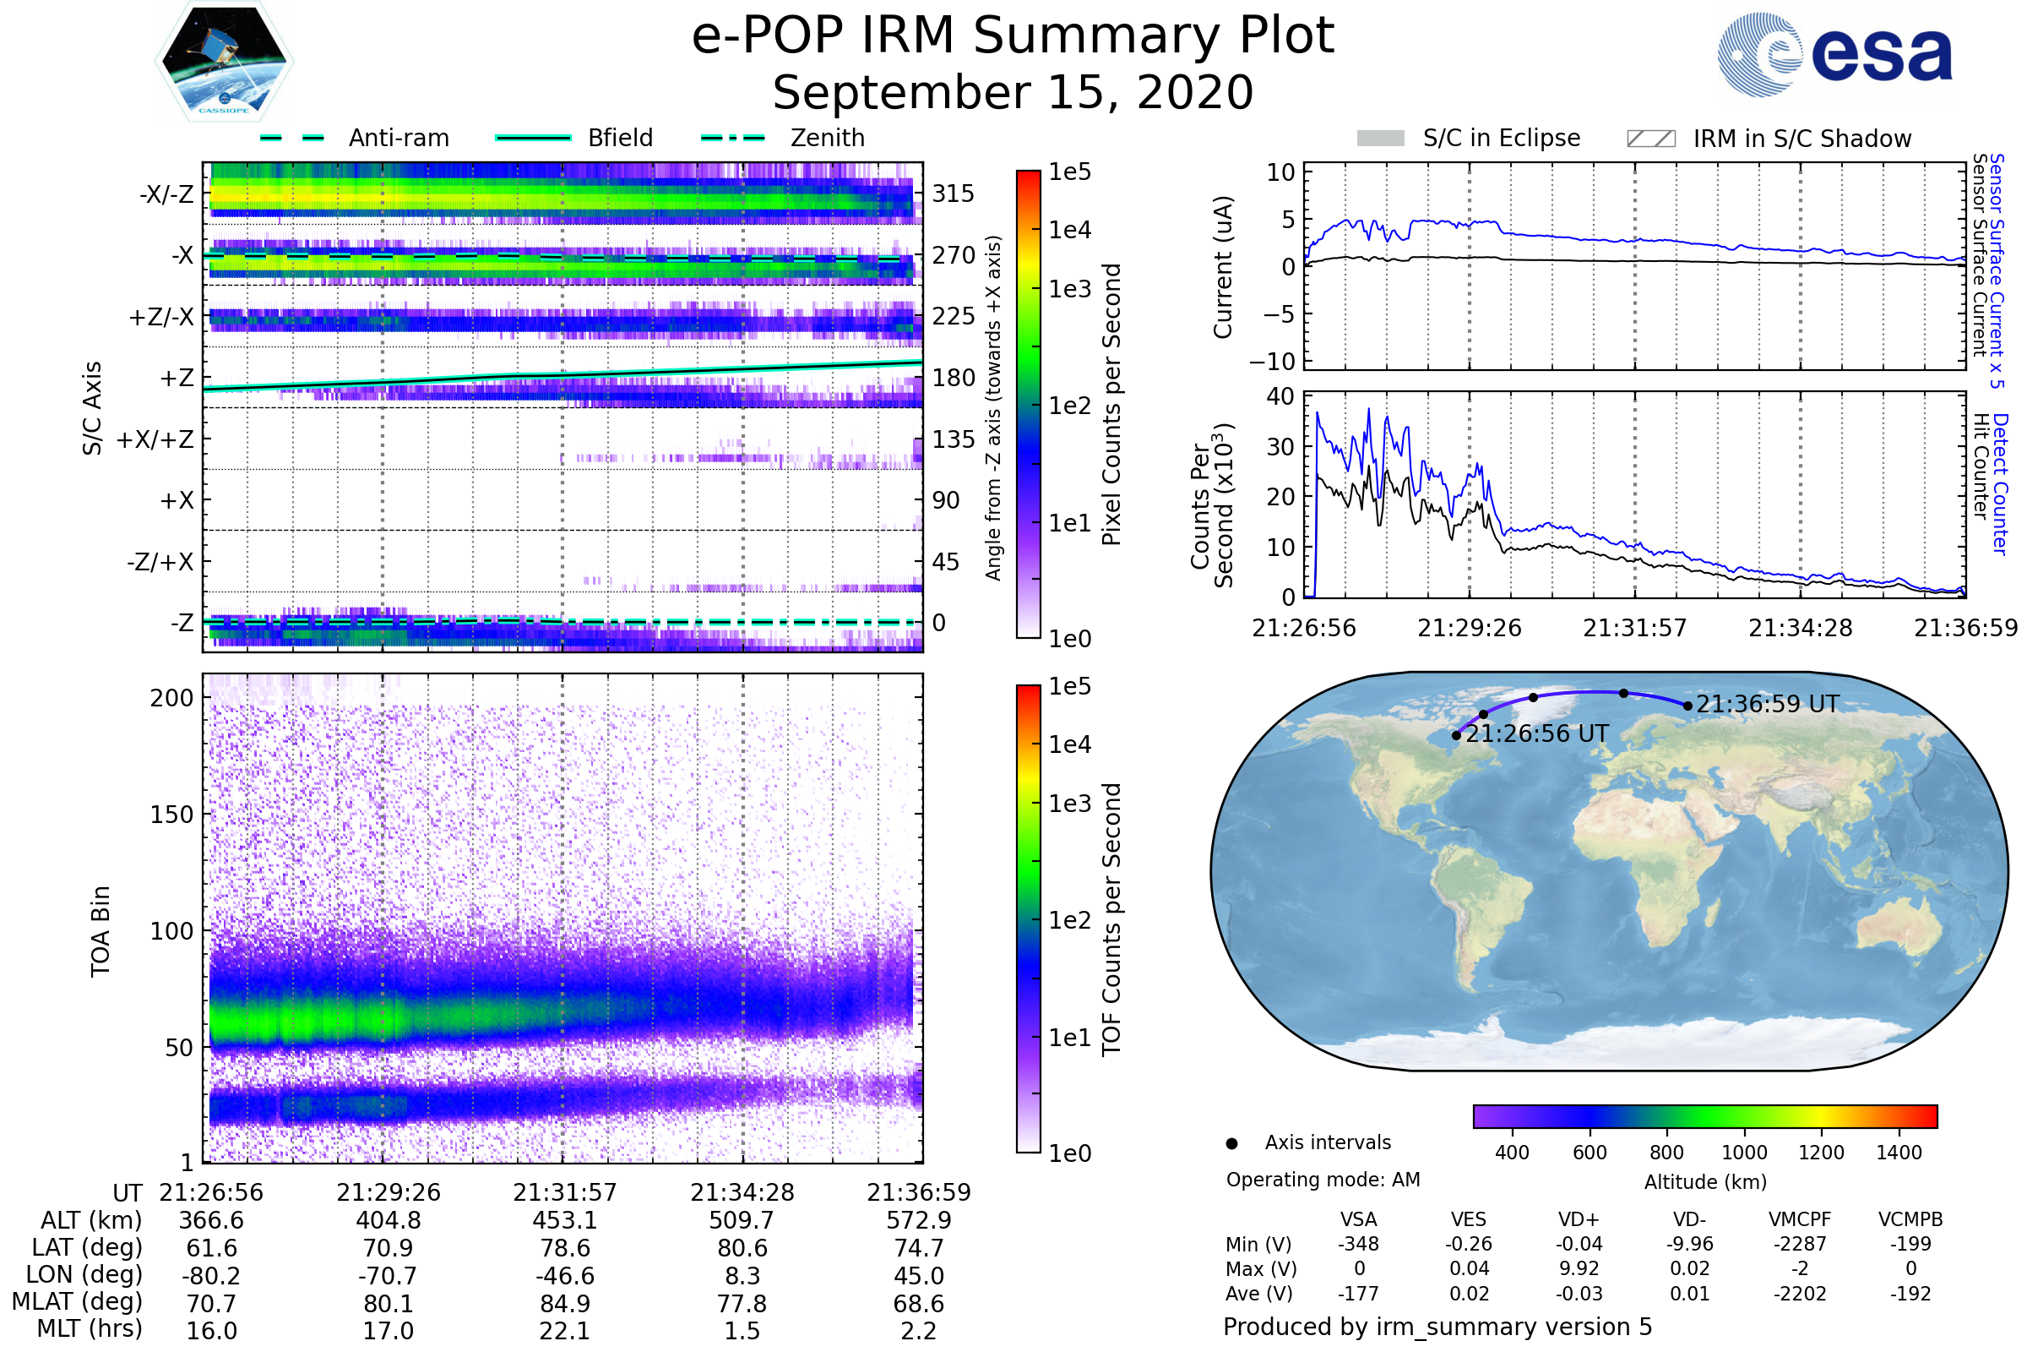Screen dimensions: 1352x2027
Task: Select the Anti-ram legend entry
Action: [x=355, y=138]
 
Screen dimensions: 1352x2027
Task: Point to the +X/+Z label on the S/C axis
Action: [x=155, y=439]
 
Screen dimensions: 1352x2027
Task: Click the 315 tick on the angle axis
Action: [x=953, y=194]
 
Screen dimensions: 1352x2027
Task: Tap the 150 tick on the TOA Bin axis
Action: [x=171, y=815]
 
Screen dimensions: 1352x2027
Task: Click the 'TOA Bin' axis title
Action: [x=101, y=930]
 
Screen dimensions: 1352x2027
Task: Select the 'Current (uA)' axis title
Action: [x=1223, y=267]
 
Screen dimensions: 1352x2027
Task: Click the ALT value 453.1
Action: [x=565, y=1221]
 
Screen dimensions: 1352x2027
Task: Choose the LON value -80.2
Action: [x=211, y=1276]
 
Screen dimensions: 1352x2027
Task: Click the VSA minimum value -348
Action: [x=1358, y=1244]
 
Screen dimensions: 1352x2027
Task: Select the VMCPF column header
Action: [x=1800, y=1219]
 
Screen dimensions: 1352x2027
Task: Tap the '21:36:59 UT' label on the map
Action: [x=1768, y=705]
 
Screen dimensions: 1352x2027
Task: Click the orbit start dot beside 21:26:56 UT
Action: [x=1456, y=735]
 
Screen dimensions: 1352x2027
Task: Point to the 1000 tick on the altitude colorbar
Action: [x=1743, y=1153]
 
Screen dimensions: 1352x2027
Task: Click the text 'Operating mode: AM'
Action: [x=1323, y=1180]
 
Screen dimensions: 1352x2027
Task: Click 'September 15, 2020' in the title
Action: [x=1013, y=93]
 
